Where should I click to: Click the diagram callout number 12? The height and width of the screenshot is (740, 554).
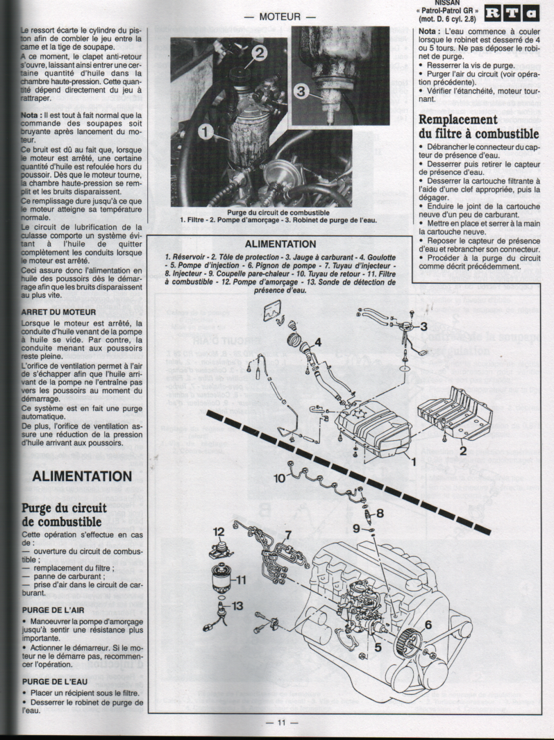[x=219, y=532]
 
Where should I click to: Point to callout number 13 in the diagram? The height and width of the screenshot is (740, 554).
[x=237, y=606]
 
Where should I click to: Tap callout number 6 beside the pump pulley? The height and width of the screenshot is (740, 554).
[x=428, y=625]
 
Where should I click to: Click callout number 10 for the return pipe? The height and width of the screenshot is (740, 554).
[x=280, y=478]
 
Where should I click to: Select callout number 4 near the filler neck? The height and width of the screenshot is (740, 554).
[x=317, y=342]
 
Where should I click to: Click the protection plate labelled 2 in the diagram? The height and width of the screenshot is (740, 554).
[x=453, y=414]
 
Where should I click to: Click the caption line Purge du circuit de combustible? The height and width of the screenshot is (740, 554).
[x=278, y=212]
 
